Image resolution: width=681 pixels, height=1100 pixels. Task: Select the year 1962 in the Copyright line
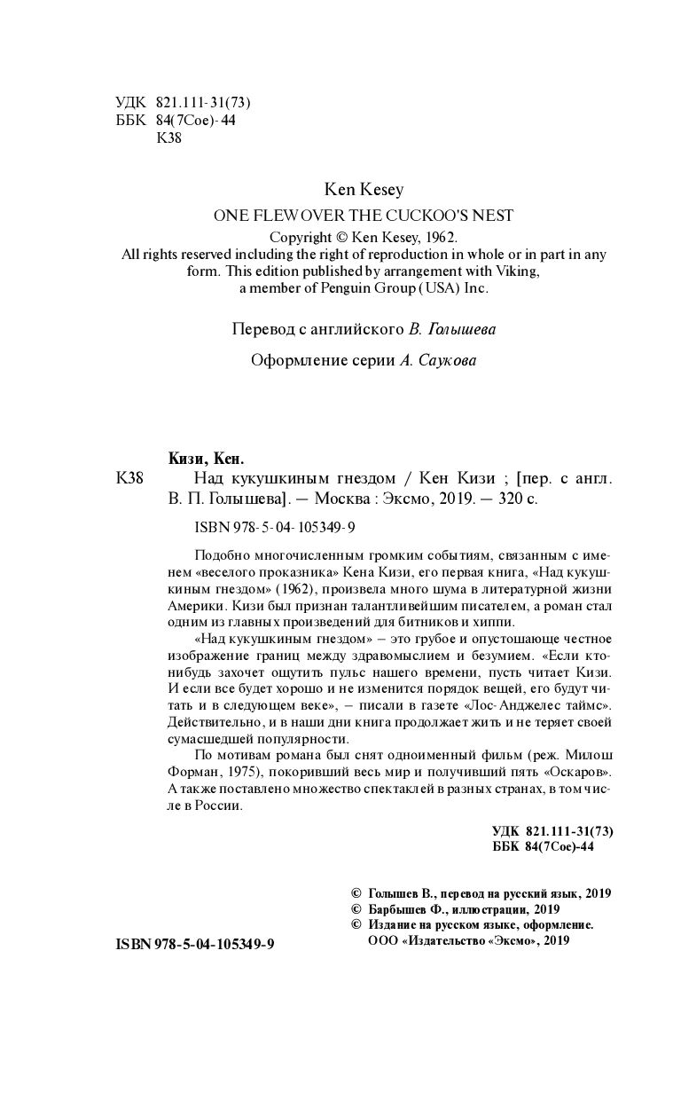pyautogui.click(x=437, y=238)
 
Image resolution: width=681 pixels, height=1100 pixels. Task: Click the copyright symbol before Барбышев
pyautogui.click(x=357, y=909)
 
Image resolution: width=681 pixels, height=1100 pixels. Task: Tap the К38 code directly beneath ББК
pyautogui.click(x=168, y=137)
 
